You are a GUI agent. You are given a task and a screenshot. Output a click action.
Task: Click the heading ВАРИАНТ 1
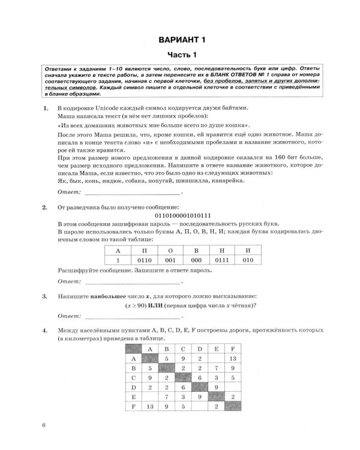pos(181,40)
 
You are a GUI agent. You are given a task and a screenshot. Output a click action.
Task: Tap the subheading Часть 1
pos(181,55)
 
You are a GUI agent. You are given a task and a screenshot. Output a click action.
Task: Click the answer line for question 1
pos(131,193)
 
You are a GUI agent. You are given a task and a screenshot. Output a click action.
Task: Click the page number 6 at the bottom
pos(44,426)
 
